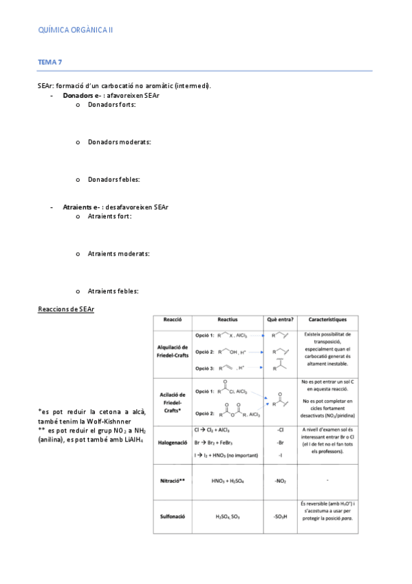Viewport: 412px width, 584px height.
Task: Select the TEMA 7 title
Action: [50, 62]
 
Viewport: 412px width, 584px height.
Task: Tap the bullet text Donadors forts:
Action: [112, 104]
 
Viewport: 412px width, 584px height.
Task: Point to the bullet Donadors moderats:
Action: [120, 142]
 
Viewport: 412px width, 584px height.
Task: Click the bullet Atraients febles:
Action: [113, 291]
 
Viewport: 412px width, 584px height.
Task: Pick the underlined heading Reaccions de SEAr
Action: [66, 309]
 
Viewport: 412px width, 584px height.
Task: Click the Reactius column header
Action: [227, 320]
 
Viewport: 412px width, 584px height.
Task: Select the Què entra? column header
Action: [280, 320]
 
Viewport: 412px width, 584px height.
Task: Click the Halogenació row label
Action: [173, 443]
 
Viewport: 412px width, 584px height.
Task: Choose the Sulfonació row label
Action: [173, 516]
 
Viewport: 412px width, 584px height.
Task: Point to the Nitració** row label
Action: [173, 479]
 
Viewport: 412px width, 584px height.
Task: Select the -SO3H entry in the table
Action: [280, 516]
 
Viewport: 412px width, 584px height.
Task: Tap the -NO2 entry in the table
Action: [280, 480]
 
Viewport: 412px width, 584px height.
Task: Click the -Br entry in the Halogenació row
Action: [280, 442]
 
